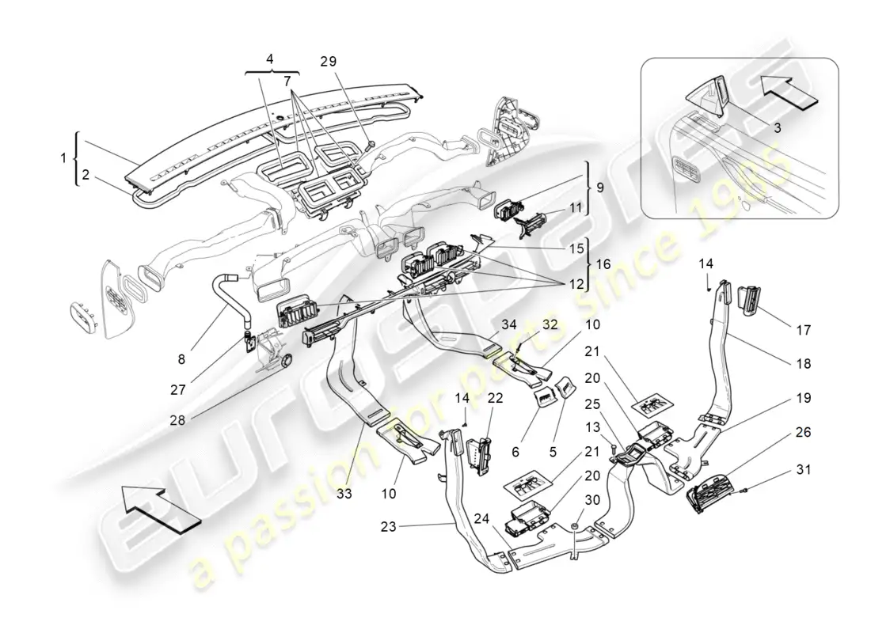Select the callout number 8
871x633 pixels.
pos(181,358)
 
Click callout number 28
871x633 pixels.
pos(177,420)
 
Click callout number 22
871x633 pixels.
pos(496,398)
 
